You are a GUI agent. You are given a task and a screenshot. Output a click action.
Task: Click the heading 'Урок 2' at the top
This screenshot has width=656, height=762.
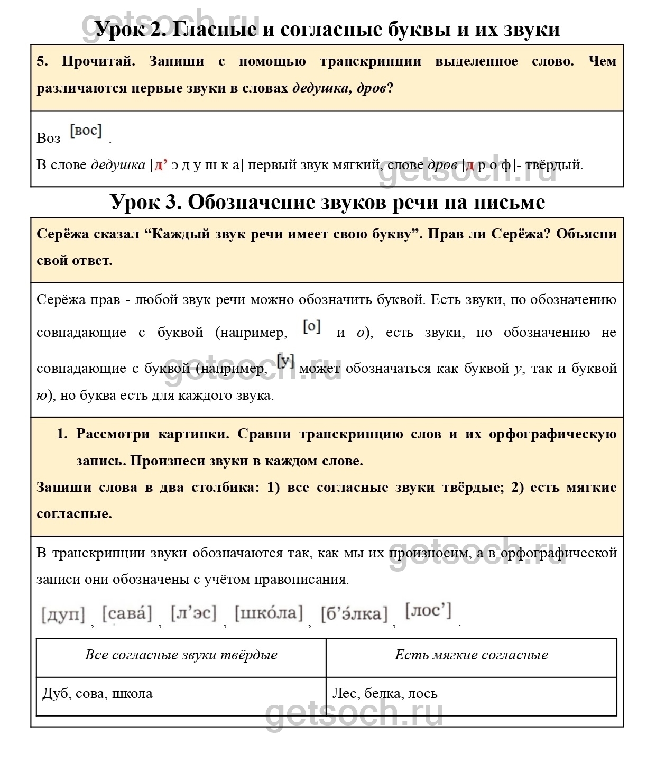(x=327, y=29)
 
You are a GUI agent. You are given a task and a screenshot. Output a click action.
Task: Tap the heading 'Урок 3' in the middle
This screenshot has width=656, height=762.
(x=327, y=201)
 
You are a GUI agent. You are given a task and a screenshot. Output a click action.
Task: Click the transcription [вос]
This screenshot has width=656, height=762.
(x=86, y=130)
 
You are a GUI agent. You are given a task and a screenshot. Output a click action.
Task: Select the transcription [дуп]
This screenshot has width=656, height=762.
(x=63, y=614)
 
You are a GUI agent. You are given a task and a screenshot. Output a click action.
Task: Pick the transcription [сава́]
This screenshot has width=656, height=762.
(x=127, y=613)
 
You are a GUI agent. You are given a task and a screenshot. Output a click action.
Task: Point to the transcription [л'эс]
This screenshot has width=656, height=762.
(x=193, y=613)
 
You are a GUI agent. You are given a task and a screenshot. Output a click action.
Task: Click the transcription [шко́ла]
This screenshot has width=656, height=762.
(x=269, y=613)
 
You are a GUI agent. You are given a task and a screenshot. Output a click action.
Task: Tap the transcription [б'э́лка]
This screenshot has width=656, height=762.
(x=354, y=613)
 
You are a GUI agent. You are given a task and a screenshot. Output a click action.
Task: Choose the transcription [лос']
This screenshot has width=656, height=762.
(x=428, y=611)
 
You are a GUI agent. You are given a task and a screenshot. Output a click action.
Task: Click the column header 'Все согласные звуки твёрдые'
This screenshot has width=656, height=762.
(x=181, y=655)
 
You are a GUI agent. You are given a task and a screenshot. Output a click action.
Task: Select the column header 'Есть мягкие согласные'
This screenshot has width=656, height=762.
(x=471, y=655)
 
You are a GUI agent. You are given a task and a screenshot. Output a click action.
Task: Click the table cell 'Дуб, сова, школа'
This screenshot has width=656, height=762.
(x=97, y=693)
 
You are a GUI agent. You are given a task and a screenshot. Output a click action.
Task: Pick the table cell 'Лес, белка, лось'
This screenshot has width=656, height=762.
(x=385, y=693)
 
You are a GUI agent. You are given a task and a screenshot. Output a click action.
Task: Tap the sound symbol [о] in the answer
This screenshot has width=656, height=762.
(x=312, y=327)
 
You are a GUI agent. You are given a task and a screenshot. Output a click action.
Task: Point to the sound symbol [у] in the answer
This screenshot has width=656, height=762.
(x=285, y=362)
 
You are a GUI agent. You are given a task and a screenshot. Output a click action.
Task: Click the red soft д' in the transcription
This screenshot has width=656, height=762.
(x=160, y=165)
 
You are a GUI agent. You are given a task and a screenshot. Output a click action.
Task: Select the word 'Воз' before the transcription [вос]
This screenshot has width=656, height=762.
(x=49, y=138)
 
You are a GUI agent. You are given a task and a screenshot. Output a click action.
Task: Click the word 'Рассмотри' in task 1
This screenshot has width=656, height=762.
(x=110, y=434)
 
